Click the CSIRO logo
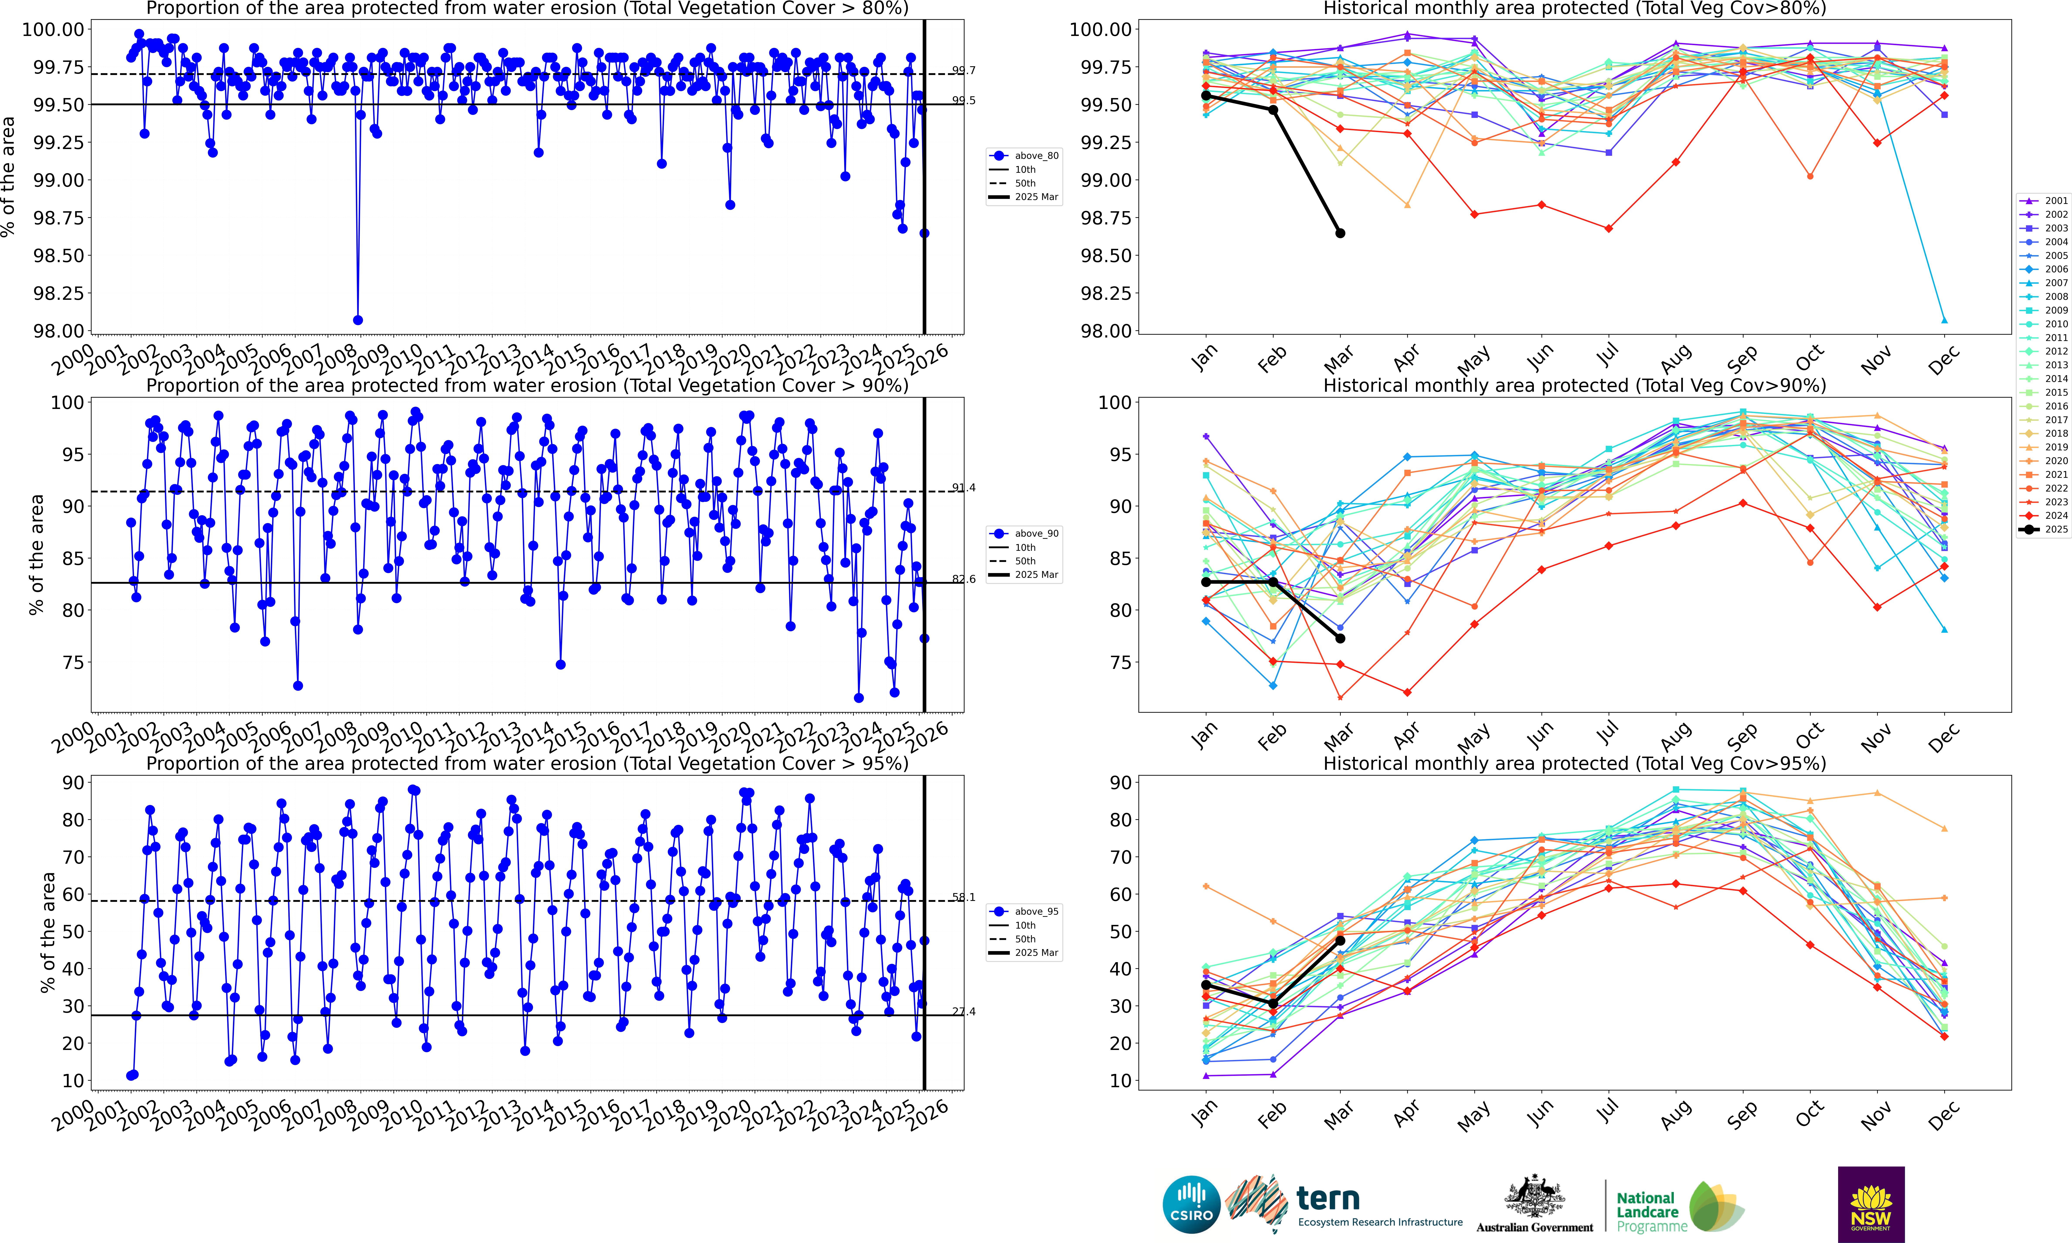(1191, 1204)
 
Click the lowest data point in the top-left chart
(358, 320)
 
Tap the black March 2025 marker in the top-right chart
(1340, 233)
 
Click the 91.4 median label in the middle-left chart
(964, 487)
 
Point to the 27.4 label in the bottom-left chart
(964, 1012)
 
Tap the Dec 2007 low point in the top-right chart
(1944, 320)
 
